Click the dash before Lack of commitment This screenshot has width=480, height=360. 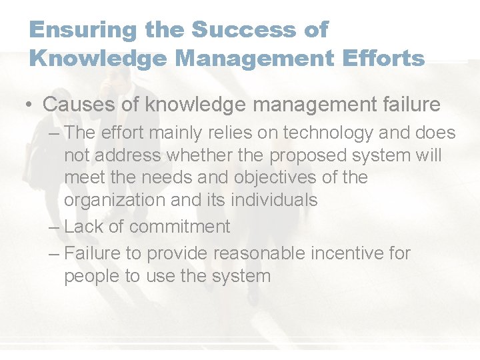click(x=55, y=227)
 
